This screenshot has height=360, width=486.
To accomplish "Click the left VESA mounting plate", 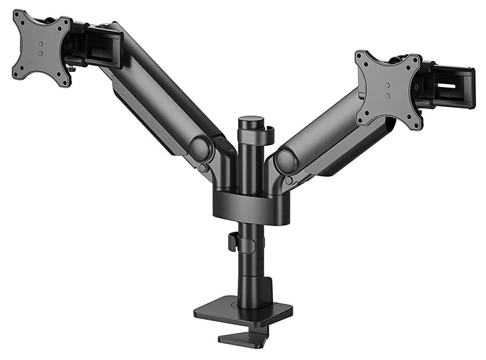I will point(41,46).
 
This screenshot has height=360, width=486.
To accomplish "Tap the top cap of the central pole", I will point(250,121).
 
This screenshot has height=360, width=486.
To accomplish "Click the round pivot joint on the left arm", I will point(200,150).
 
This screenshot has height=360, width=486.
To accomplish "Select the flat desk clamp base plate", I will point(243,311).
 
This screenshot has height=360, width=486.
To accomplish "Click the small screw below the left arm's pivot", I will point(203,169).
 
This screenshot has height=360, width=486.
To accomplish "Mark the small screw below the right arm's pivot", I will point(289,181).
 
